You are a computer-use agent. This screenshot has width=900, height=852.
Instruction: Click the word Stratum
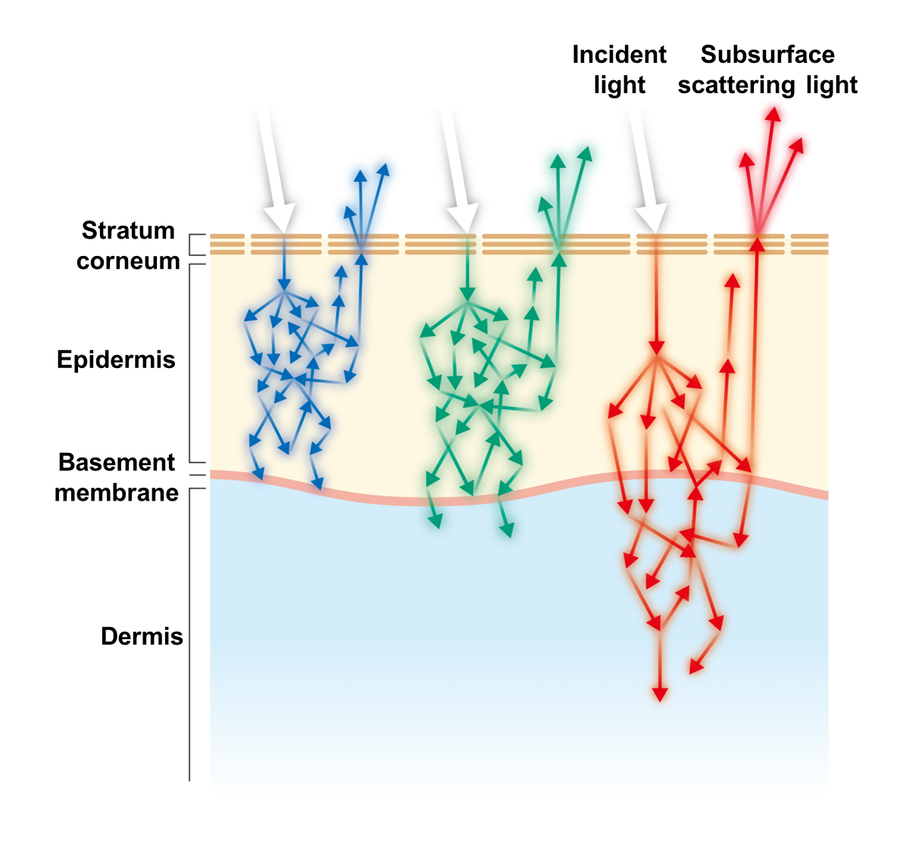(128, 230)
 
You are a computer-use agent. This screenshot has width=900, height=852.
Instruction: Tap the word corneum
(128, 261)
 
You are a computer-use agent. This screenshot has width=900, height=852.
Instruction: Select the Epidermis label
(116, 359)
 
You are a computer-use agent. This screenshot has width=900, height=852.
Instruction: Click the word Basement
(117, 462)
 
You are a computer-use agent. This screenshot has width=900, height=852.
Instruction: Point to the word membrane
(117, 493)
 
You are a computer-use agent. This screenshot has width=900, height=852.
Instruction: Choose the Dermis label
(142, 636)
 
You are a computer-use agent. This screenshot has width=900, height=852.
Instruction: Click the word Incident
(619, 55)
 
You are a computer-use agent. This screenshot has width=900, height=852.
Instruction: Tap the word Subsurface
(767, 55)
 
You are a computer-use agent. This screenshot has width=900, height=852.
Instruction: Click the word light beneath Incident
(619, 86)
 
